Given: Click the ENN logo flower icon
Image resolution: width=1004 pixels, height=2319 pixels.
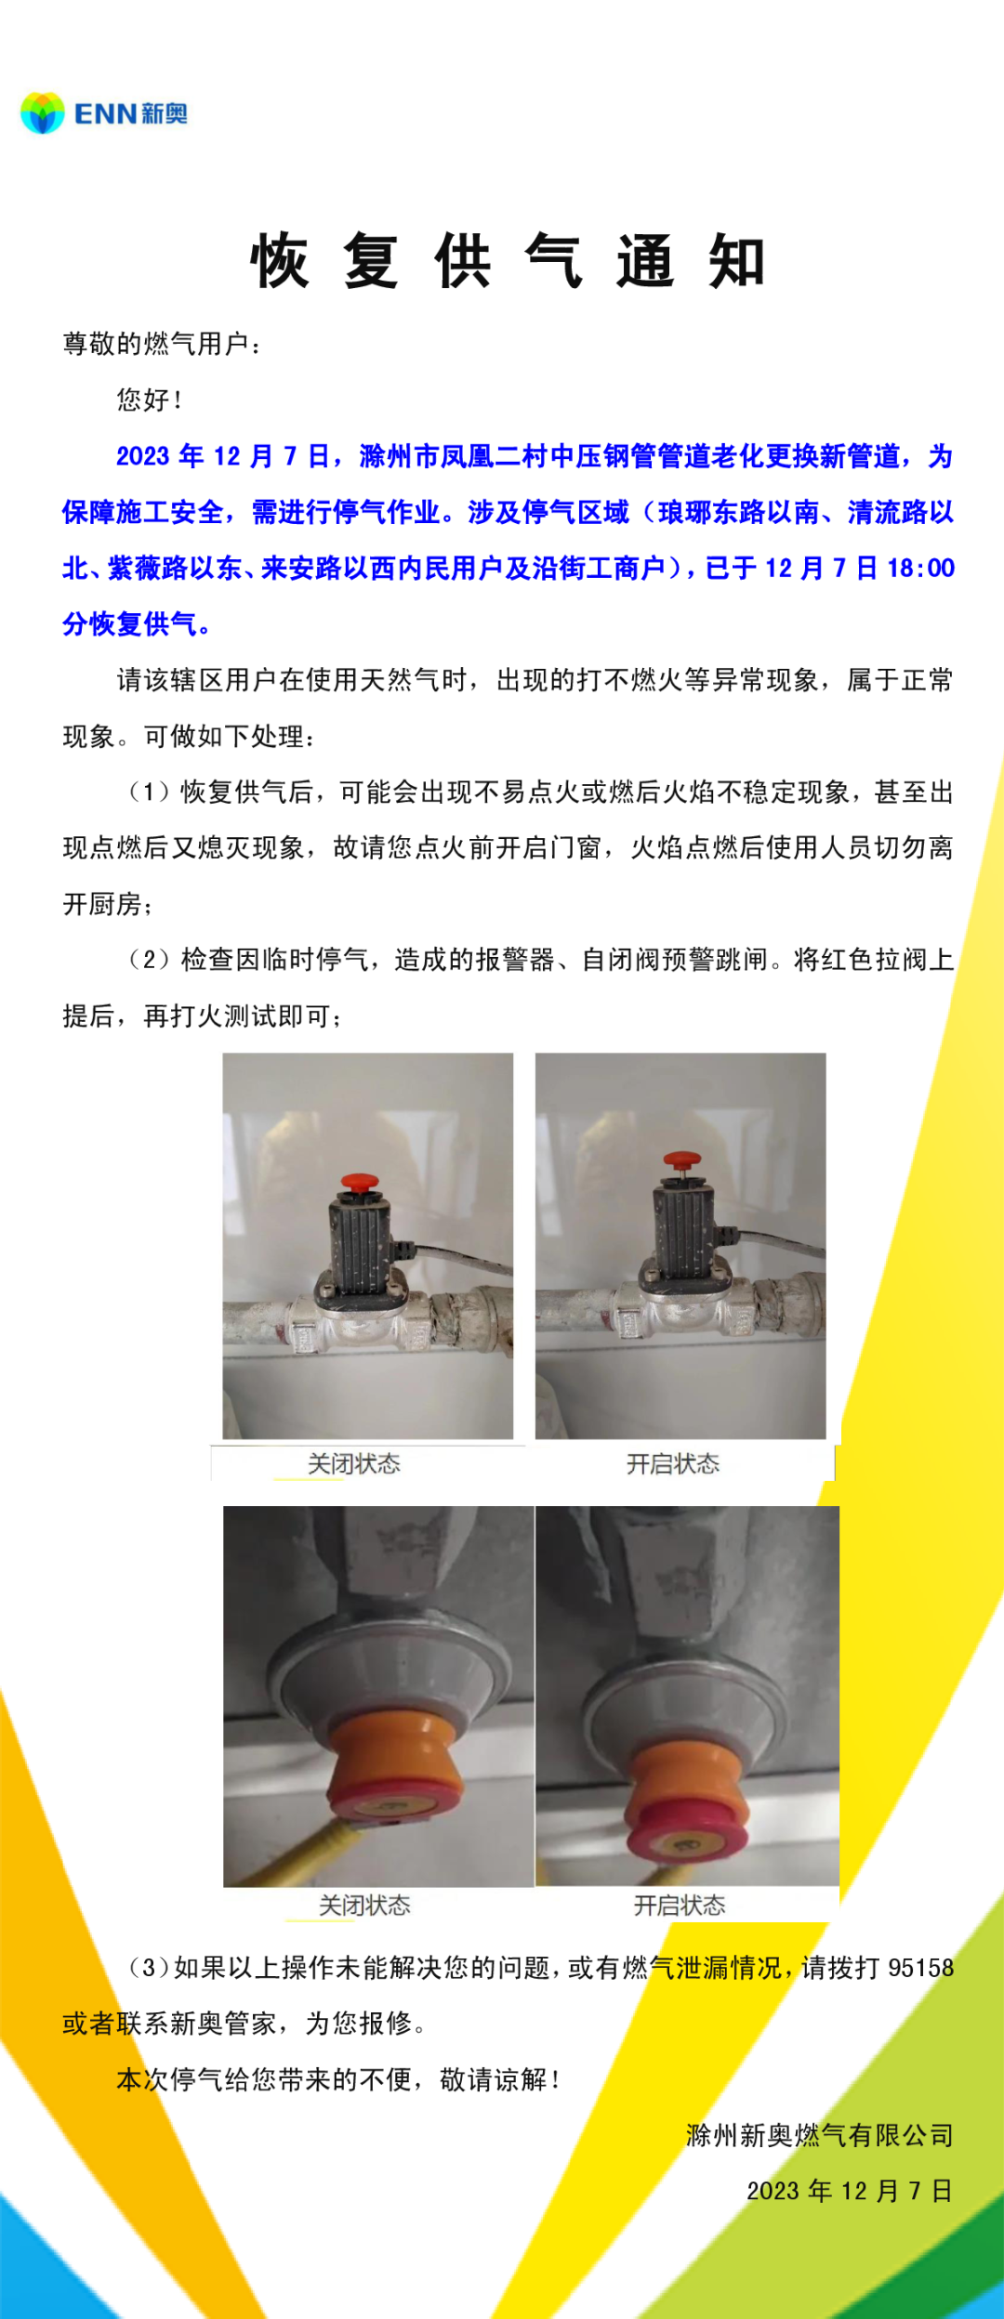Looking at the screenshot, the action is coord(42,113).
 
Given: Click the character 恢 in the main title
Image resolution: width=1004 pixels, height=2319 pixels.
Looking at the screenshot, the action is coord(279,262).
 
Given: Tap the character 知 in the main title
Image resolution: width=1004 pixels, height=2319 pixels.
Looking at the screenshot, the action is coord(737,262).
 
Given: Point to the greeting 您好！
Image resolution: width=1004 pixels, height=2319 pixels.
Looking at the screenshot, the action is coord(149,400).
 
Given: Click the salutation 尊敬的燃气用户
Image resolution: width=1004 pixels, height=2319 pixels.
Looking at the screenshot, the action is coord(155,345).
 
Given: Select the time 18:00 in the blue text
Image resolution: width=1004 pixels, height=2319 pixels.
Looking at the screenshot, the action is coord(921,569).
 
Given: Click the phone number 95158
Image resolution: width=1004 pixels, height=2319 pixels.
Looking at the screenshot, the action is coord(921,1968).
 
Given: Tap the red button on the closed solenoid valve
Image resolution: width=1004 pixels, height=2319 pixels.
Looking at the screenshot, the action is coord(359,1183).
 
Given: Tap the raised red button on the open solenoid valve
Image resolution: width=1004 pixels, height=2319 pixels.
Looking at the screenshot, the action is coord(680,1159).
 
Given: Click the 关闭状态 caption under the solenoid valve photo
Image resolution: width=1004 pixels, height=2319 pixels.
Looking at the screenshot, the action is coord(354,1464).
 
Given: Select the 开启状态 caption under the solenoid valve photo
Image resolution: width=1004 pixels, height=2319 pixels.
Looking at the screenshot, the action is coord(673,1464).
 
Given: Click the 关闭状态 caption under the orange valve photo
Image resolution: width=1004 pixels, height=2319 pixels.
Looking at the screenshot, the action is coord(364,1906).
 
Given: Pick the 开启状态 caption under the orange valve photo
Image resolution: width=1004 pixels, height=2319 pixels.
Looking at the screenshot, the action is coord(680,1906).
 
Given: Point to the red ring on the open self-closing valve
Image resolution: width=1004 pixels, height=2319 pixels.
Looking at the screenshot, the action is coord(686,1820).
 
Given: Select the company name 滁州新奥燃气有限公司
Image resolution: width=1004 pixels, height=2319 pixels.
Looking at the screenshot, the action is coord(820,2135).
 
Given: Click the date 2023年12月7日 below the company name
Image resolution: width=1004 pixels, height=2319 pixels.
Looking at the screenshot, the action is coord(851,2191).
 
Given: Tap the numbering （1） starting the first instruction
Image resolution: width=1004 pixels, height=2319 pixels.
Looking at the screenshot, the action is coord(149,792).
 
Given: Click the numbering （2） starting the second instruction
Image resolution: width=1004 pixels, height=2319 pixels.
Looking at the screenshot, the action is coord(149,959).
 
